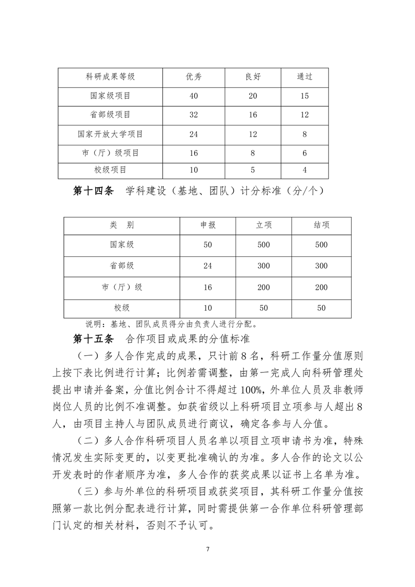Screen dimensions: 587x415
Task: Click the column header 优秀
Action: (x=194, y=76)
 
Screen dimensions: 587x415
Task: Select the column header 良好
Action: (x=253, y=76)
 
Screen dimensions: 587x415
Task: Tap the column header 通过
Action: (x=305, y=76)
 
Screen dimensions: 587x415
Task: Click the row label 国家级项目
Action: (x=110, y=96)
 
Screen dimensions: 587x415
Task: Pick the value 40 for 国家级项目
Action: (x=194, y=96)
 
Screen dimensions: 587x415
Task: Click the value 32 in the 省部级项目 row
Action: (x=194, y=115)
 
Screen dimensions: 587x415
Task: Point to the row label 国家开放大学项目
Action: (x=110, y=134)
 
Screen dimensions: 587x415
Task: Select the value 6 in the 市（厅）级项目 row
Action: (x=305, y=153)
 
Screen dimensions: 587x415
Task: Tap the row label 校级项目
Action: (x=110, y=170)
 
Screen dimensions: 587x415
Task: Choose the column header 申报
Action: (x=208, y=225)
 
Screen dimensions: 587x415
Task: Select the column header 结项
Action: (x=321, y=225)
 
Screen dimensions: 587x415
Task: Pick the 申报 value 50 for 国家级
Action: (x=208, y=245)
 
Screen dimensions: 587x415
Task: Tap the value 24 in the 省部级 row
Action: (x=208, y=266)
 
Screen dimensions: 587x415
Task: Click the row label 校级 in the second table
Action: (x=122, y=308)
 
